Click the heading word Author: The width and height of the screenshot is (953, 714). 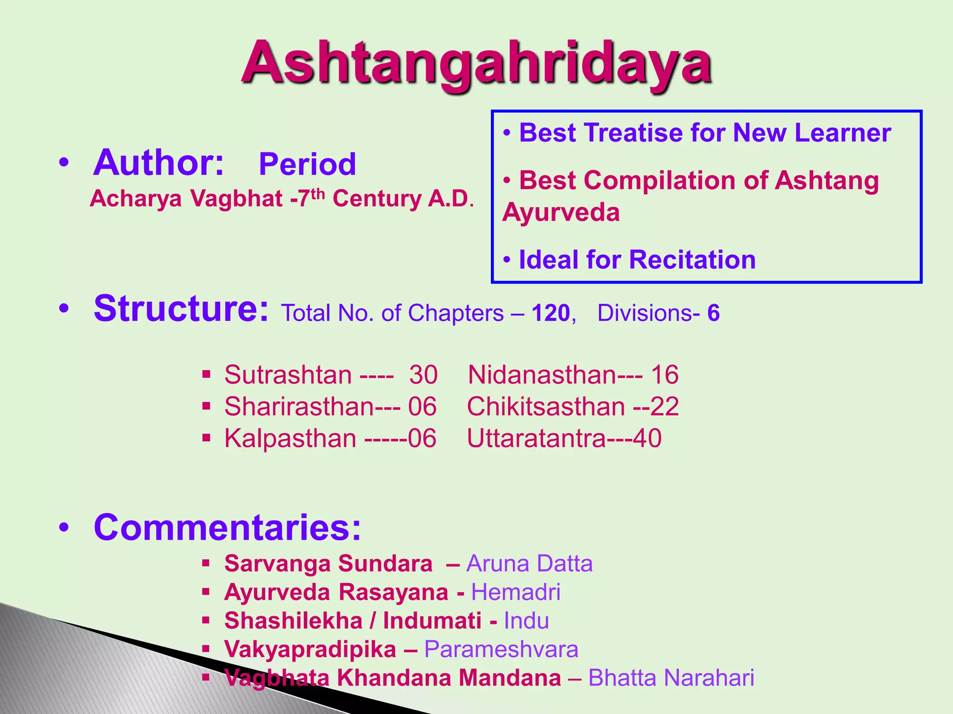[x=159, y=163]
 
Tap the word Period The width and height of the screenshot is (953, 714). [x=307, y=164]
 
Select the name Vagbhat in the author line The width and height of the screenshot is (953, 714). [x=236, y=199]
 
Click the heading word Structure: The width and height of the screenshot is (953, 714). [x=181, y=309]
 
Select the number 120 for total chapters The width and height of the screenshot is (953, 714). [x=550, y=313]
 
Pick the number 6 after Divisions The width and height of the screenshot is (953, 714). [x=713, y=313]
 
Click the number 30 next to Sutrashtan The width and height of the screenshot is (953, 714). [x=423, y=375]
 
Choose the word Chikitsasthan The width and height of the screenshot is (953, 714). [x=545, y=406]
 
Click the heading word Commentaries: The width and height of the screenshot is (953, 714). [x=227, y=527]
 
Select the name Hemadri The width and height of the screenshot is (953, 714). [x=516, y=592]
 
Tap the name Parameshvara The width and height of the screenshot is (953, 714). [x=501, y=649]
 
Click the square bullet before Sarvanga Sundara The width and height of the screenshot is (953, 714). [x=207, y=563]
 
